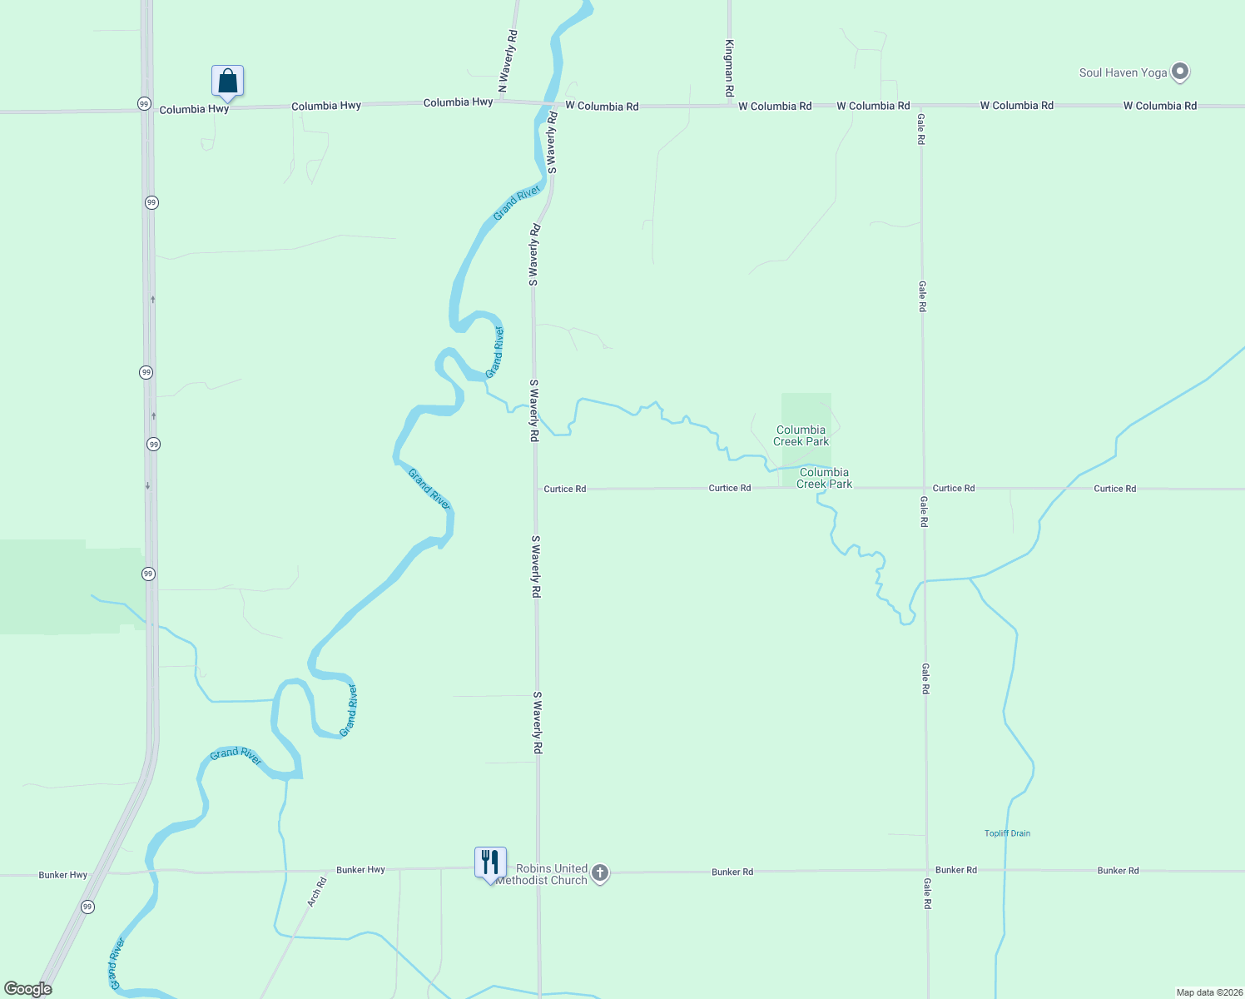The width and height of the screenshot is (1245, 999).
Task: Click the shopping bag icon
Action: coord(227,82)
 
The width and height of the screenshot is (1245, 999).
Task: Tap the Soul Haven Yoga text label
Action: coord(1123,72)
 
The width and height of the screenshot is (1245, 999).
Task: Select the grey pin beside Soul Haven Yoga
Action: coord(1179,72)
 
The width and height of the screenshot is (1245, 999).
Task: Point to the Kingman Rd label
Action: coord(729,67)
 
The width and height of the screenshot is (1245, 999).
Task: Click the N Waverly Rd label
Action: coord(508,61)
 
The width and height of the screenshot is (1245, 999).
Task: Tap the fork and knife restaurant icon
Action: coord(490,862)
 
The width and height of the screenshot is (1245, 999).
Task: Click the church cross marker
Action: coord(599,873)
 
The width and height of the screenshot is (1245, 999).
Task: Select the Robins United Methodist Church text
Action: coord(542,874)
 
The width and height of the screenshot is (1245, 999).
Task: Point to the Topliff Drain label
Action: coord(1007,833)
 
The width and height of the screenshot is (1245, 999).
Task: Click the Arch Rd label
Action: coord(316,892)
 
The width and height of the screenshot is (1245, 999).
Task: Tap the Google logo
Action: coord(27,989)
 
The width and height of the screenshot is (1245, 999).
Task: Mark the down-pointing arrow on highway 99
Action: coord(148,485)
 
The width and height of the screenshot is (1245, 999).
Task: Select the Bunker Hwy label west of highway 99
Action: coord(62,875)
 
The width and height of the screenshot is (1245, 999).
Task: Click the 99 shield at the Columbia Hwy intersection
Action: coord(145,104)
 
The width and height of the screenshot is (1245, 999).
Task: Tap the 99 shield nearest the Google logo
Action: coord(87,907)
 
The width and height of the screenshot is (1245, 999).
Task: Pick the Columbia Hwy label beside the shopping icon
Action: coord(194,109)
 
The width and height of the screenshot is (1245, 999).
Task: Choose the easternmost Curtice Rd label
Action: coord(1114,489)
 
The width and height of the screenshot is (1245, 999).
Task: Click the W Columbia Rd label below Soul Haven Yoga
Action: coord(1159,106)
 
